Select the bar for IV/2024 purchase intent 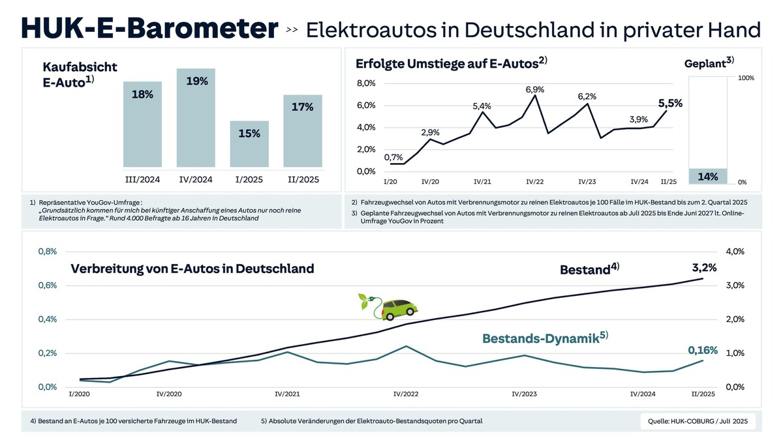(196, 117)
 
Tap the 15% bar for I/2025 (249, 143)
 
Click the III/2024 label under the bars (142, 179)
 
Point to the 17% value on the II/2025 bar (303, 107)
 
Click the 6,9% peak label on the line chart (535, 88)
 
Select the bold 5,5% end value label (669, 103)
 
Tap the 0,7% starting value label (394, 156)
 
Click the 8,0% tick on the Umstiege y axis (365, 83)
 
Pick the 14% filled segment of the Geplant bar (708, 176)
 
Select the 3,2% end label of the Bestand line (704, 267)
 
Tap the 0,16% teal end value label (703, 350)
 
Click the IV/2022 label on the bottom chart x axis (406, 394)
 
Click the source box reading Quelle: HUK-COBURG (698, 421)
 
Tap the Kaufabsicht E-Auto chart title (80, 74)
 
